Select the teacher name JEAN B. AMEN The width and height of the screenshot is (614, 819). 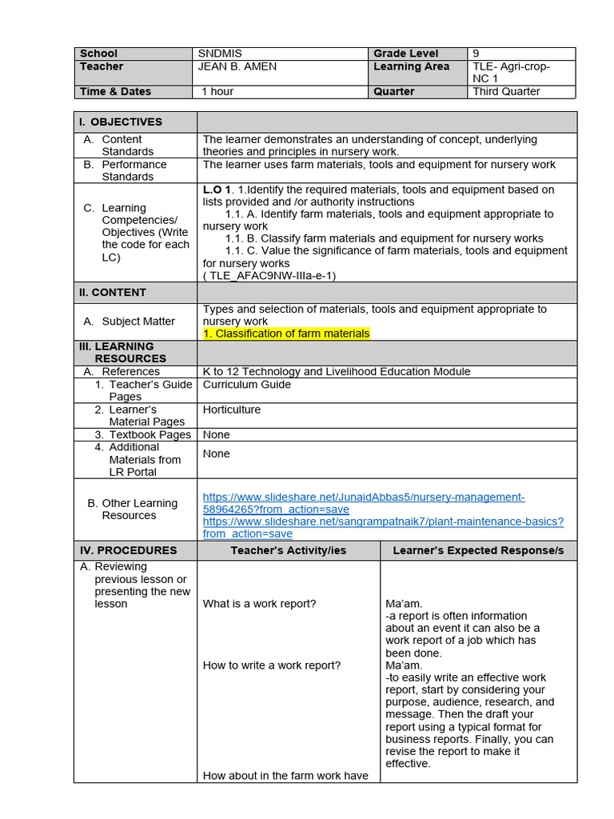(237, 66)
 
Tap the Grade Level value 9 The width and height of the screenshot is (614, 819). (476, 54)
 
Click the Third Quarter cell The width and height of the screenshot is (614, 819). (506, 91)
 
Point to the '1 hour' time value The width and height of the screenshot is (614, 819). (217, 91)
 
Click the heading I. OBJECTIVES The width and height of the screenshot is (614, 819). (121, 122)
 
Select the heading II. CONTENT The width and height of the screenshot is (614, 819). (113, 293)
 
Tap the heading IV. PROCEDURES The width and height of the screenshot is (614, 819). (128, 550)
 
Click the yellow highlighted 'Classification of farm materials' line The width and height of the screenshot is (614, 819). (286, 334)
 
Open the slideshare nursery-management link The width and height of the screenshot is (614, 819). (364, 502)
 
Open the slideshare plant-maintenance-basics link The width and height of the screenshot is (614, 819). (383, 527)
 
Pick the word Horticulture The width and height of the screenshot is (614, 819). (232, 409)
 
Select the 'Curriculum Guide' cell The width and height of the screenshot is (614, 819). (247, 385)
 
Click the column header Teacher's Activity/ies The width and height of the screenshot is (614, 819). (289, 550)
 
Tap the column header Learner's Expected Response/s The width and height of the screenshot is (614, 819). (478, 550)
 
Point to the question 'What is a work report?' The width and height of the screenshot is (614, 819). (260, 604)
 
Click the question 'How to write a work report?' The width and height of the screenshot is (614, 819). (272, 665)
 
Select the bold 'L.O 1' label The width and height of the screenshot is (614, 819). (217, 190)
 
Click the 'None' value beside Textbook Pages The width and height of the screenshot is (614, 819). (217, 435)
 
